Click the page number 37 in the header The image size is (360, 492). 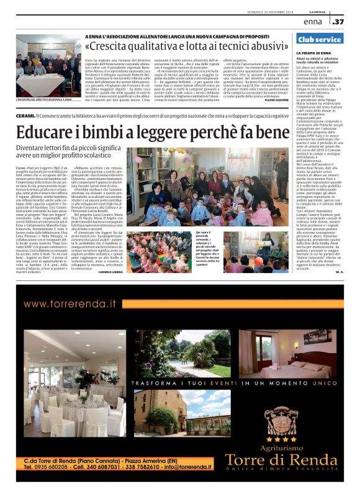[x=338, y=22]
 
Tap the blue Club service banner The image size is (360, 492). [x=320, y=39]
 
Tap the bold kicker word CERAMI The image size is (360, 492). [x=25, y=115]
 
